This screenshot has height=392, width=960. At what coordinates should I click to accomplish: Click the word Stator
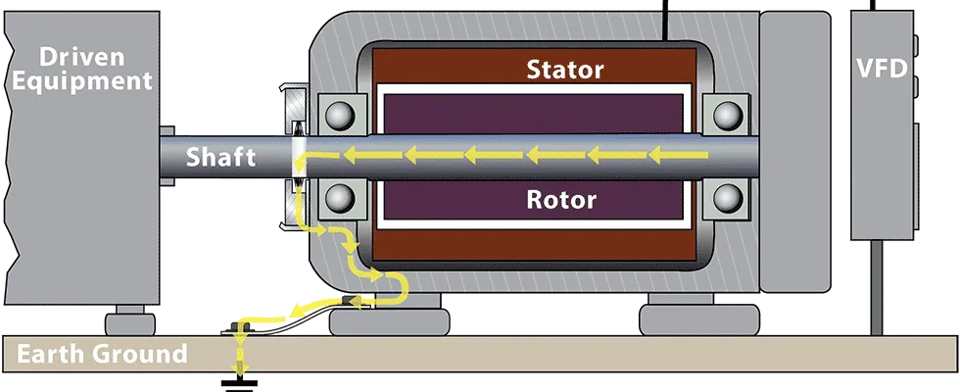(x=565, y=70)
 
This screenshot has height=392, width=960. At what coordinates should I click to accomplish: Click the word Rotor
(x=561, y=200)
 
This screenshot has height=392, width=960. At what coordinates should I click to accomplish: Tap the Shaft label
(x=221, y=157)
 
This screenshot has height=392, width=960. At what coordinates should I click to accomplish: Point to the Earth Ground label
(x=102, y=354)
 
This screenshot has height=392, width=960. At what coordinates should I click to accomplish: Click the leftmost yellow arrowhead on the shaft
(x=349, y=154)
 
